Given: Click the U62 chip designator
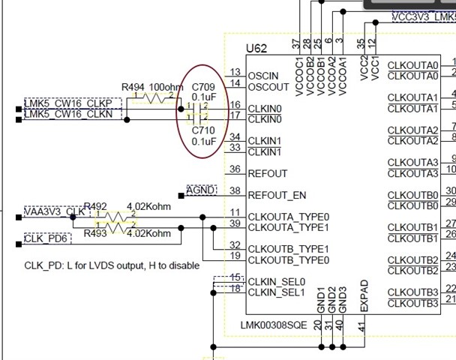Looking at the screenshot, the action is pos(256,48).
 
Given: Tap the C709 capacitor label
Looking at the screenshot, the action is pos(203,87).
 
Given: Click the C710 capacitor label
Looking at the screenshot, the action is pos(203,130).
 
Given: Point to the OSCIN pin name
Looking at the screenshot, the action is pos(263,76).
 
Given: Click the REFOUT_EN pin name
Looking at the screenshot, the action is pos(277,195).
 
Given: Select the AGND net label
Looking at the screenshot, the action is pos(202,190).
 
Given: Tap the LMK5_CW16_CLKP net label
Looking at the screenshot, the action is pos(68,103).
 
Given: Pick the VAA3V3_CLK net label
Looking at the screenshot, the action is pos(55,211).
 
